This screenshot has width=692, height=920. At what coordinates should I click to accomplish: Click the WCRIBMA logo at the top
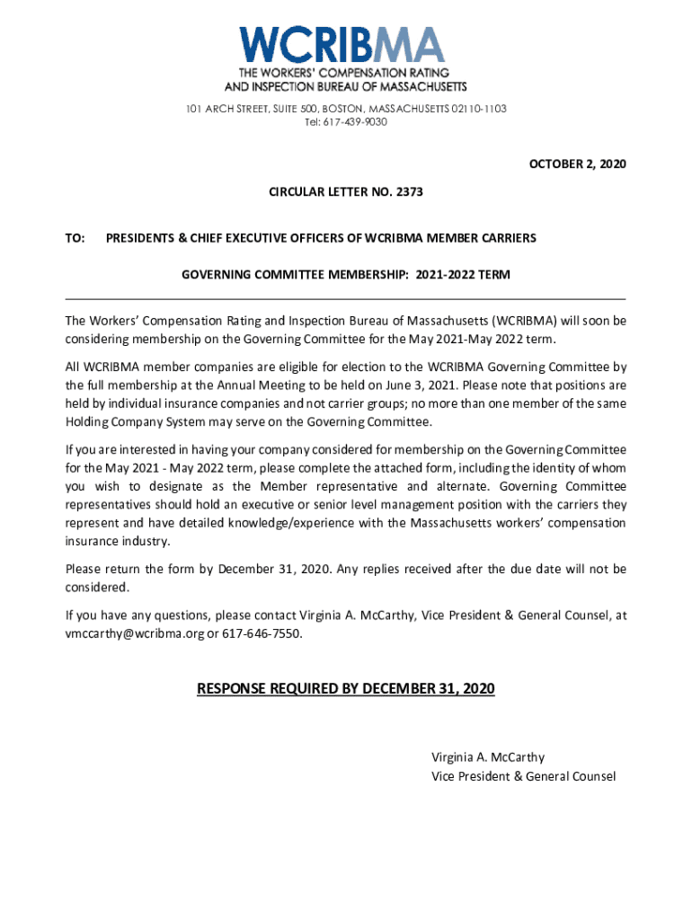(x=345, y=45)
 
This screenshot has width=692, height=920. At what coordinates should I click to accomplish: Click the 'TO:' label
(x=75, y=238)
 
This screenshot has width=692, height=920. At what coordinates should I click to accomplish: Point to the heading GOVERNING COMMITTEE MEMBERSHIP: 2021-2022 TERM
(x=346, y=276)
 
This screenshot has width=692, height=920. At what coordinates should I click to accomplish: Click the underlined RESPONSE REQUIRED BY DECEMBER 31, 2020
(x=346, y=689)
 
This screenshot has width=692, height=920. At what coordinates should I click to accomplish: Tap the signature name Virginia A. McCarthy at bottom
(x=488, y=757)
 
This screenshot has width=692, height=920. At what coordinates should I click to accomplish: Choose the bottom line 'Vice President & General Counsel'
(x=523, y=776)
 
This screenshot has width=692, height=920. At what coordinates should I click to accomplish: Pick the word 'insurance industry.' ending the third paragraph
(x=118, y=541)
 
